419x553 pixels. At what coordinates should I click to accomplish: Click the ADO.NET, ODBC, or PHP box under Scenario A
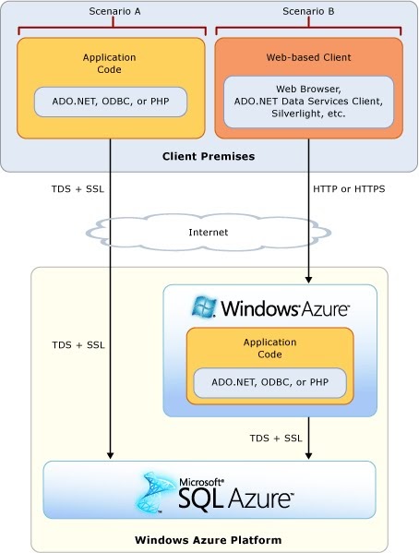pyautogui.click(x=110, y=101)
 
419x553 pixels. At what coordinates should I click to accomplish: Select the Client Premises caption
pyautogui.click(x=209, y=156)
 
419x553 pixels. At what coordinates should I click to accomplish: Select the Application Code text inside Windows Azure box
pyautogui.click(x=269, y=348)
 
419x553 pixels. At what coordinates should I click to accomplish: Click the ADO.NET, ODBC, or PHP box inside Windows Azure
pyautogui.click(x=269, y=381)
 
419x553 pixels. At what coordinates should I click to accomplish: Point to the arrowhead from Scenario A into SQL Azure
pyautogui.click(x=110, y=455)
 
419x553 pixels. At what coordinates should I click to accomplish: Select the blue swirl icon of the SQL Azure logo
pyautogui.click(x=158, y=492)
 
